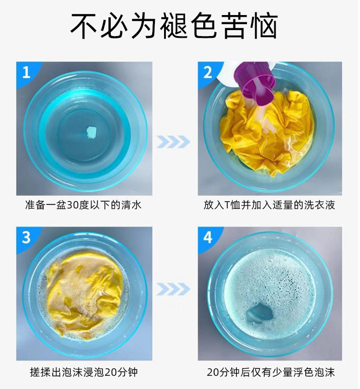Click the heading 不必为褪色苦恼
(x=174, y=26)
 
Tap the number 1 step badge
(x=26, y=73)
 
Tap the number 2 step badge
(x=208, y=73)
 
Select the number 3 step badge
(x=26, y=238)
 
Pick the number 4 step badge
(x=208, y=238)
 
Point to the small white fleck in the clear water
(x=91, y=131)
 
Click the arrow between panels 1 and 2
(x=174, y=142)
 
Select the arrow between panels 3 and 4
(x=174, y=289)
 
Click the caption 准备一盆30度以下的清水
(x=83, y=205)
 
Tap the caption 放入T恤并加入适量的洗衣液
(x=269, y=205)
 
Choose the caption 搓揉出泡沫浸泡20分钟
(x=84, y=372)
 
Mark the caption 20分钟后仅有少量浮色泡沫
(x=271, y=372)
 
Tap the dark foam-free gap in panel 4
(x=260, y=314)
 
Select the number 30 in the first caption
(x=72, y=205)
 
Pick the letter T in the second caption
(x=227, y=205)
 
